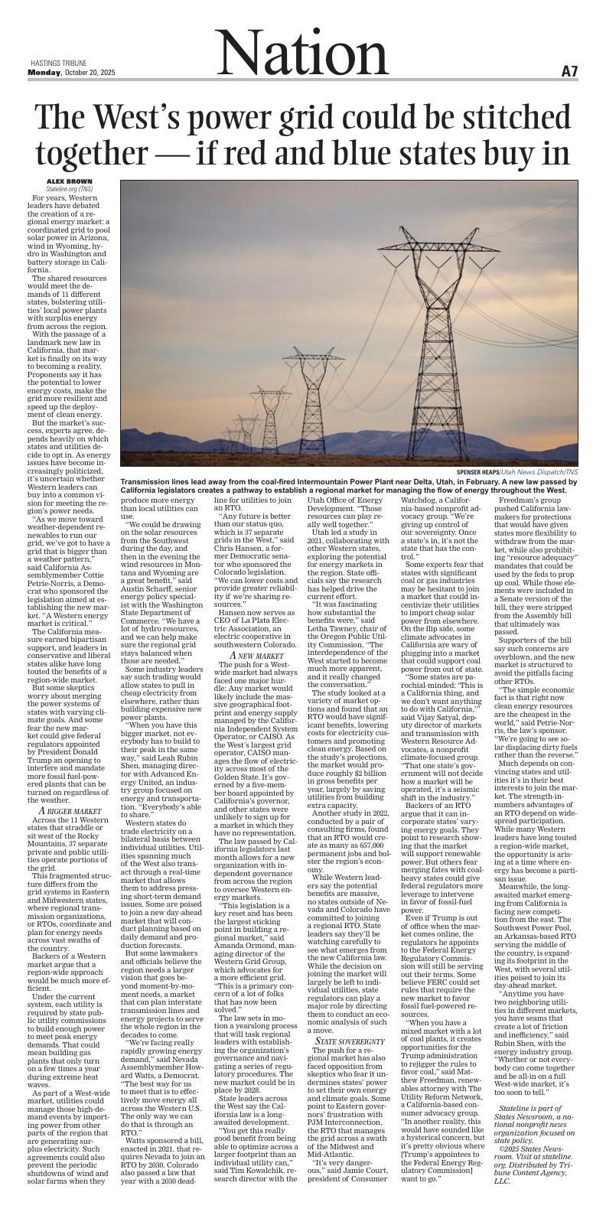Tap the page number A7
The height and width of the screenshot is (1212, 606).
pyautogui.click(x=569, y=71)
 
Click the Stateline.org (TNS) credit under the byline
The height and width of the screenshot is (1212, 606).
pyautogui.click(x=69, y=187)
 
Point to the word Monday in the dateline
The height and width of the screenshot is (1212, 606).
pyautogui.click(x=44, y=72)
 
